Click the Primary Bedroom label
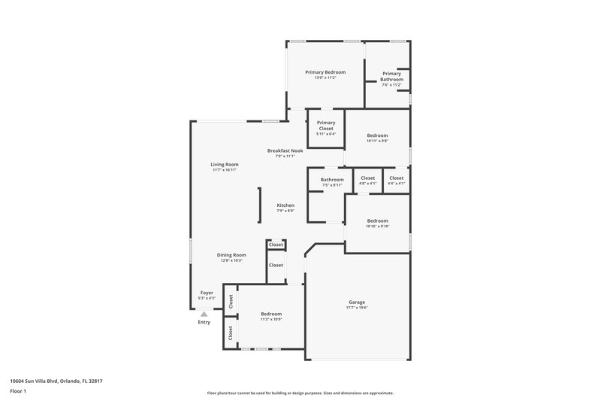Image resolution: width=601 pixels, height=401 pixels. [x=325, y=71]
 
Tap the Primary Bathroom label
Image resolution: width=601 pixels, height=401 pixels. [x=391, y=76]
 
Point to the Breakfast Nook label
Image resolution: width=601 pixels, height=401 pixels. [x=285, y=150]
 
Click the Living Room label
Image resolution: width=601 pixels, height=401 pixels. [x=224, y=164]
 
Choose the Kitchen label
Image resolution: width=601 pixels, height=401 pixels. [x=285, y=205]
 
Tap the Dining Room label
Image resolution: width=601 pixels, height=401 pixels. [x=231, y=255]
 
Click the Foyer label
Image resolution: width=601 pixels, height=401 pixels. [x=207, y=292]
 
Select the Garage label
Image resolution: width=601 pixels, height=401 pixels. [x=357, y=302]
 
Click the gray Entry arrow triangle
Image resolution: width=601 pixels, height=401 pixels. [x=204, y=314]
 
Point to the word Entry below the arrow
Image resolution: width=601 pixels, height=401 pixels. [x=204, y=322]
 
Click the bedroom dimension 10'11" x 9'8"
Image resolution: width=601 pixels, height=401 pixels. [x=377, y=141]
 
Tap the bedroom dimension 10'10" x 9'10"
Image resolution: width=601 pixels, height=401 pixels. [x=377, y=226]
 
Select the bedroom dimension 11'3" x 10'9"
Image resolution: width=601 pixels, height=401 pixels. [x=271, y=320]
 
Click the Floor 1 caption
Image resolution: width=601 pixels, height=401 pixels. [x=17, y=392]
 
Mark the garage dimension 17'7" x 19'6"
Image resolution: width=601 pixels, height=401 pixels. [x=357, y=308]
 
